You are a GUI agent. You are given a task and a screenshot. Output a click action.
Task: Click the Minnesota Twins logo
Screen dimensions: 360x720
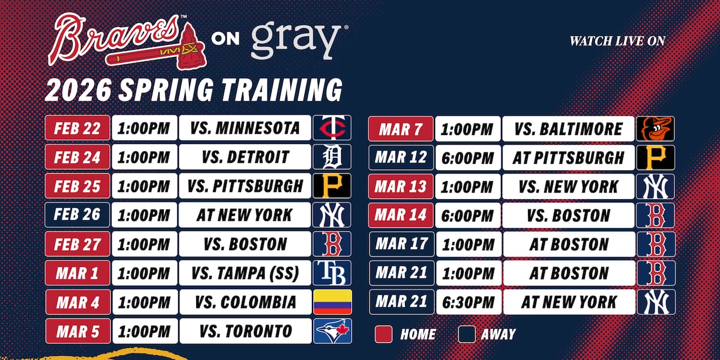coord(332,128)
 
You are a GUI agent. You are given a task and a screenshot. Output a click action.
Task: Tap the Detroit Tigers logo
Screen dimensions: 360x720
coord(332,157)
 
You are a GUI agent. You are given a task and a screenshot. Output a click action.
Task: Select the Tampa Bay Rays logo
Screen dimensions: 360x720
coord(332,273)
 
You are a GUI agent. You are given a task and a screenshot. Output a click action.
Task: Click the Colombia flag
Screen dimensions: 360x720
coord(332,302)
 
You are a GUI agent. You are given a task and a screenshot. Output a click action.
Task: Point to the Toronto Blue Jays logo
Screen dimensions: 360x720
coord(332,331)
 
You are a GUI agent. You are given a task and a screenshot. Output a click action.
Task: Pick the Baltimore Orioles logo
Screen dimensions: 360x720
coord(655,128)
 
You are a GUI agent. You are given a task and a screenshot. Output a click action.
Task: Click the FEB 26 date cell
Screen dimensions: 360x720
coord(77,215)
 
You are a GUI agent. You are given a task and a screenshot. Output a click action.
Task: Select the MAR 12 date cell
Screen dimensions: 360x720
coord(401,157)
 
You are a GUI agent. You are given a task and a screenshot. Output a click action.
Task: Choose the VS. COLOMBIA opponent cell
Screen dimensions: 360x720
coord(245,302)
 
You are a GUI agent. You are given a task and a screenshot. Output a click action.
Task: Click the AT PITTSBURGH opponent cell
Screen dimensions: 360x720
coord(568,157)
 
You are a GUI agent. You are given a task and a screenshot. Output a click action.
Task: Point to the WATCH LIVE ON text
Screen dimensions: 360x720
coord(617,41)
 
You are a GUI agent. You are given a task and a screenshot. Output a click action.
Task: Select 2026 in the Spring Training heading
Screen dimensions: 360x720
coord(78,90)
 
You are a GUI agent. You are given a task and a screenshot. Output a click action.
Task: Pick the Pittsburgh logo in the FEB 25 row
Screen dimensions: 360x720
coord(332,186)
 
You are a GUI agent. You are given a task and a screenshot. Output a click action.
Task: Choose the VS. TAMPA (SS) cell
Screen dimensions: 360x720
coord(245,273)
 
